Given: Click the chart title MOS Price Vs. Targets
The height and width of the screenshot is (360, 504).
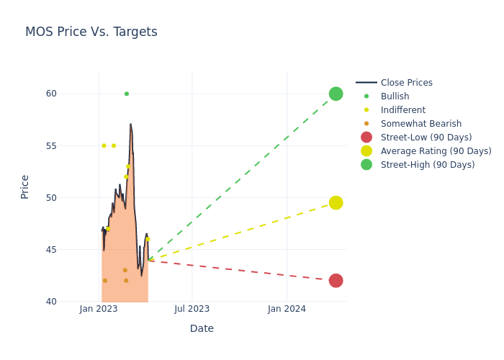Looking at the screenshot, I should point(91,32).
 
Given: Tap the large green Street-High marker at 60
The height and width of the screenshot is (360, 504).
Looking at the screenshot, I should point(336,94).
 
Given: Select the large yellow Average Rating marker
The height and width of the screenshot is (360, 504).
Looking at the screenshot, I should point(336,203).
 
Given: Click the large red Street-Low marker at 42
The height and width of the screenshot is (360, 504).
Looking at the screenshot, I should point(336,281).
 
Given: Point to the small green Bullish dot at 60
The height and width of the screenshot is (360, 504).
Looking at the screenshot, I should point(127,94).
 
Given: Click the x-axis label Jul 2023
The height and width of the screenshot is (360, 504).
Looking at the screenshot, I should point(192,309).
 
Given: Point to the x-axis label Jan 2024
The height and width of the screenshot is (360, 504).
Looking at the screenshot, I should point(287,309).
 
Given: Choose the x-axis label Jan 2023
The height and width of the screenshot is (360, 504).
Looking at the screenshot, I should point(99,309).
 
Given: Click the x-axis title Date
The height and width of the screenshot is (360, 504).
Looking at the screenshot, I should point(202,329).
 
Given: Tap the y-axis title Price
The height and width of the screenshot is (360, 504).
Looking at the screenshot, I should point(25,186).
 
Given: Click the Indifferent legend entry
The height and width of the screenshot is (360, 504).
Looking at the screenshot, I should point(402,110).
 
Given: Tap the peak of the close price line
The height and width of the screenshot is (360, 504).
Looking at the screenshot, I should point(130,124).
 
